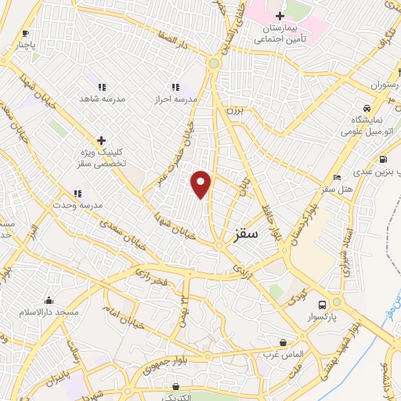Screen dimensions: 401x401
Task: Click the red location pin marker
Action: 201,183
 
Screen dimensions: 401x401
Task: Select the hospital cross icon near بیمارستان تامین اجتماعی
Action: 280,16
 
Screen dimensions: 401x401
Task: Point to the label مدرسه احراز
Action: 176,99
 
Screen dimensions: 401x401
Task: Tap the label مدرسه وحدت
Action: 77,206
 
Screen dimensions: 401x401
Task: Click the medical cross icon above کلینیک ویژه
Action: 100,139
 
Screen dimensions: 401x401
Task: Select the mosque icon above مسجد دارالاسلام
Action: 49,300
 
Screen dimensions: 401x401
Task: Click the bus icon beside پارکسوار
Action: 322,305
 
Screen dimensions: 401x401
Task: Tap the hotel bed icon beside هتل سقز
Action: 338,178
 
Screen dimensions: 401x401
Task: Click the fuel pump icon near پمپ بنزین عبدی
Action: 383,160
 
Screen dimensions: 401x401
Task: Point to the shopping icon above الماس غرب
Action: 283,342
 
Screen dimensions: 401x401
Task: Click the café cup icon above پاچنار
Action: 26,33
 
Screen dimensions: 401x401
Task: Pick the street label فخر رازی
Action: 152,275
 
